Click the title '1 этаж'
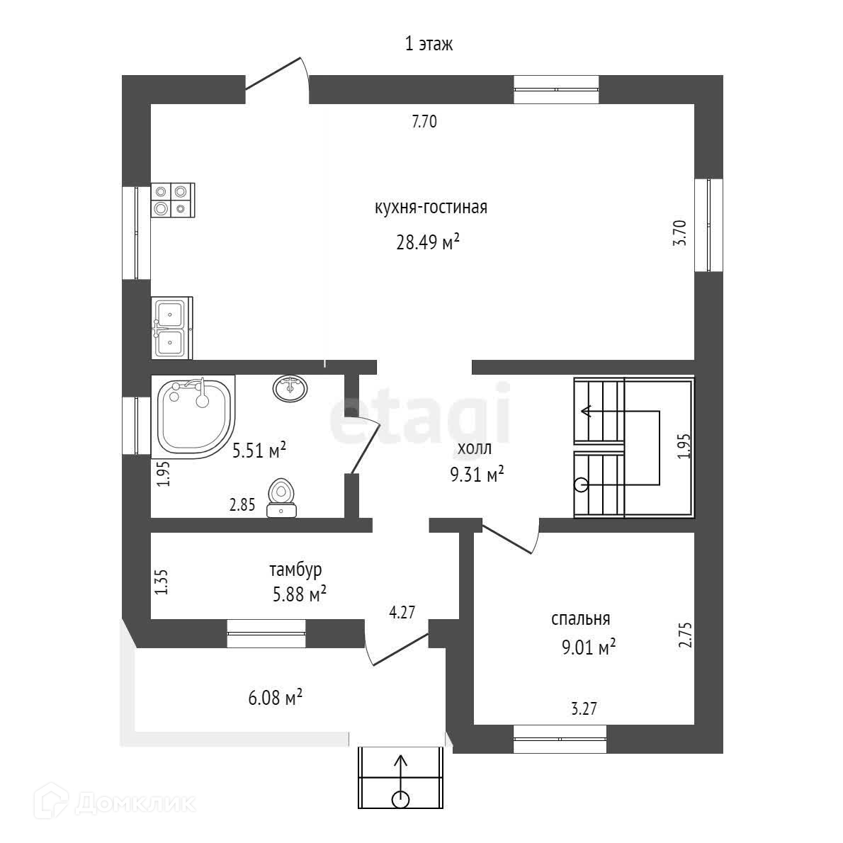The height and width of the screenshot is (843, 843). click(x=429, y=44)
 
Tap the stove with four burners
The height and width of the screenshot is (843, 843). click(x=173, y=199)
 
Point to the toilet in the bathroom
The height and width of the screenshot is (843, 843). click(x=282, y=499)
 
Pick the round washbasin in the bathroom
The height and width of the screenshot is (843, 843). click(x=290, y=387)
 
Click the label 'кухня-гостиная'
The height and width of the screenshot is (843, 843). click(x=431, y=208)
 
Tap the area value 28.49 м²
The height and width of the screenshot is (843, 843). click(x=429, y=243)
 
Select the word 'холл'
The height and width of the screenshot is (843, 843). click(x=474, y=448)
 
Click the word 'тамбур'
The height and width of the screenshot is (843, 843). click(x=296, y=570)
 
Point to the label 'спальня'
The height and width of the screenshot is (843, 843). click(x=580, y=618)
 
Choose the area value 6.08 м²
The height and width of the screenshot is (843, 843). click(x=276, y=698)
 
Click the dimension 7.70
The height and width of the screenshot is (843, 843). click(x=424, y=122)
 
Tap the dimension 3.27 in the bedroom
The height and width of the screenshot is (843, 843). click(x=584, y=708)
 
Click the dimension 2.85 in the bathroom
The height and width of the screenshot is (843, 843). click(x=242, y=506)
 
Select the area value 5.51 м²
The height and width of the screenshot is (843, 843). click(x=259, y=451)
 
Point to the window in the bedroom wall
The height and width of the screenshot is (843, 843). click(x=560, y=739)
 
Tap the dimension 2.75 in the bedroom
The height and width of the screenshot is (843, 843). click(x=684, y=635)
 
